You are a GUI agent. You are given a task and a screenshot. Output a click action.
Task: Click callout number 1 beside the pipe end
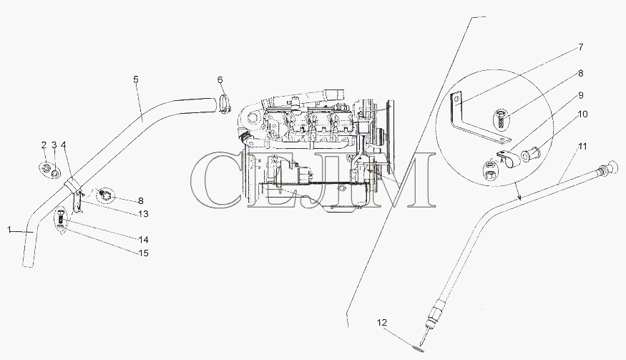point(9,230)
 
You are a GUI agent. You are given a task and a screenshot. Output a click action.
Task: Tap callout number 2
point(44,145)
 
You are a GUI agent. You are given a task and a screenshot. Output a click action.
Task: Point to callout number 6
point(220,80)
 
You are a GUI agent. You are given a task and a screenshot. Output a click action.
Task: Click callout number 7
point(581,47)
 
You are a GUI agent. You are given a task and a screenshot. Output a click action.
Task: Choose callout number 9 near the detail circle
point(581,95)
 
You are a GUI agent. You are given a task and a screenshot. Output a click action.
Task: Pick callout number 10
point(582,115)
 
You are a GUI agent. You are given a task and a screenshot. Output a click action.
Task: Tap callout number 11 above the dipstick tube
point(582,147)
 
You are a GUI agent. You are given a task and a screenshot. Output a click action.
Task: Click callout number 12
point(382,323)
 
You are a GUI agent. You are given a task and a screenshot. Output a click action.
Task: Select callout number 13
point(143,214)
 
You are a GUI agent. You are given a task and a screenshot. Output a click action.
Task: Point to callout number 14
point(143,240)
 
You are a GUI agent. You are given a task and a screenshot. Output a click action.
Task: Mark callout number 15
point(143,253)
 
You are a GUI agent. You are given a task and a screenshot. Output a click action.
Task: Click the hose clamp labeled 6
point(225,104)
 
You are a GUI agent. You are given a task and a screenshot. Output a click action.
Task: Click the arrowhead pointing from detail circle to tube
point(519,197)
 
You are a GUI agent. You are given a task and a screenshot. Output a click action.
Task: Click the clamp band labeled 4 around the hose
point(72,185)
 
